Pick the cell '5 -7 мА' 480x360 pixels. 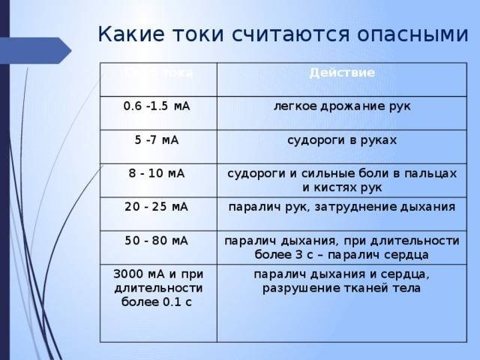point(155,139)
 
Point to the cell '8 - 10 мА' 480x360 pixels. point(157,173)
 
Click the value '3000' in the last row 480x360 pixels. point(128,271)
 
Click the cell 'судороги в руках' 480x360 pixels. point(342,140)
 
